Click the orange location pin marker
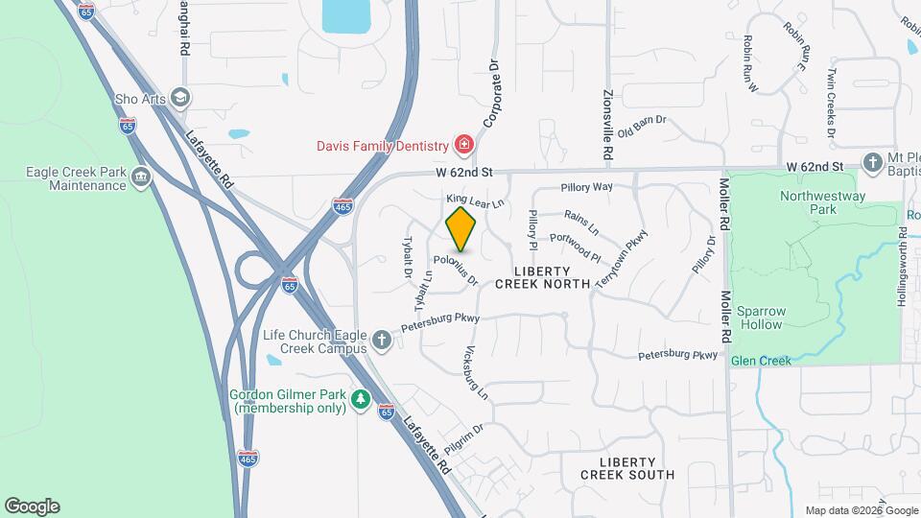tap(461, 228)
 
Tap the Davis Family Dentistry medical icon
tap(465, 145)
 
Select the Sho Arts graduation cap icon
tap(180, 98)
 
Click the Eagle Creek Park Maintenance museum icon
tap(141, 177)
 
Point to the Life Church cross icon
tap(382, 340)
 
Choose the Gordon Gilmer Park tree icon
tap(360, 398)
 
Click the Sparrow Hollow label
tap(760, 318)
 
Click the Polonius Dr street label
tap(455, 269)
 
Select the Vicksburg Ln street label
tap(476, 372)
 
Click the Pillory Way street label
tap(586, 187)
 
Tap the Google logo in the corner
tap(32, 506)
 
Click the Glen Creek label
tap(761, 361)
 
